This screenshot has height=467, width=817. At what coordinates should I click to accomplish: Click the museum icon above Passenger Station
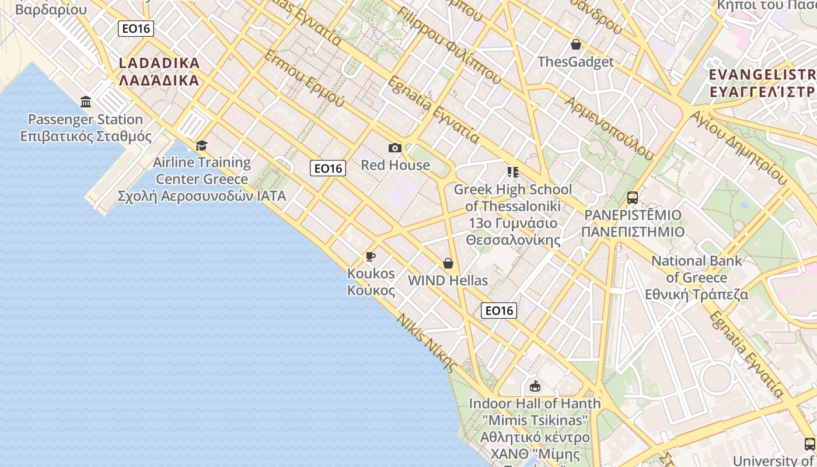pyautogui.click(x=86, y=102)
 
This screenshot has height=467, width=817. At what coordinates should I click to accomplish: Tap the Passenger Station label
pyautogui.click(x=86, y=128)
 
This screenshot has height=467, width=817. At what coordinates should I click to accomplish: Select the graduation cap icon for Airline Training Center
pyautogui.click(x=201, y=145)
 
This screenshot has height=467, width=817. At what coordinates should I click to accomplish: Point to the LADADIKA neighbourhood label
pyautogui.click(x=159, y=71)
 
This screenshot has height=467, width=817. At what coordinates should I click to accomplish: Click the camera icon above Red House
pyautogui.click(x=395, y=148)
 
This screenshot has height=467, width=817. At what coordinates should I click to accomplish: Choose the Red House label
pyautogui.click(x=395, y=165)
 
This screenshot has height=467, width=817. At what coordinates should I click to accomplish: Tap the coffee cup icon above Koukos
pyautogui.click(x=370, y=256)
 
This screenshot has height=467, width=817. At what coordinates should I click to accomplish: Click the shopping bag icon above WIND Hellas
pyautogui.click(x=448, y=263)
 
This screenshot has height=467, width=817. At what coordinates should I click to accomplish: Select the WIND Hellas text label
pyautogui.click(x=448, y=280)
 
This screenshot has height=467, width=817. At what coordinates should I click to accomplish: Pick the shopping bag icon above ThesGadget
pyautogui.click(x=575, y=44)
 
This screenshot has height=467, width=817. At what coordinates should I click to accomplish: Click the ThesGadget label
pyautogui.click(x=575, y=62)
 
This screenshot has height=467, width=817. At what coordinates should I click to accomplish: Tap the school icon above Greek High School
pyautogui.click(x=512, y=172)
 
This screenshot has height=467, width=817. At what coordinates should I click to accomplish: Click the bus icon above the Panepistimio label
pyautogui.click(x=633, y=198)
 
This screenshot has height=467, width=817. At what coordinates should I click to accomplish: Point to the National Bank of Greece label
pyautogui.click(x=696, y=277)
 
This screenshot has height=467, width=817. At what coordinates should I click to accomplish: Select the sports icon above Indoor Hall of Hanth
pyautogui.click(x=535, y=386)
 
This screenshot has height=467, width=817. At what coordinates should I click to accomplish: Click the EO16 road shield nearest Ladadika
pyautogui.click(x=136, y=29)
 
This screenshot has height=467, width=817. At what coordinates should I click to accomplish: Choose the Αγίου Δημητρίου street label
pyautogui.click(x=738, y=148)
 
